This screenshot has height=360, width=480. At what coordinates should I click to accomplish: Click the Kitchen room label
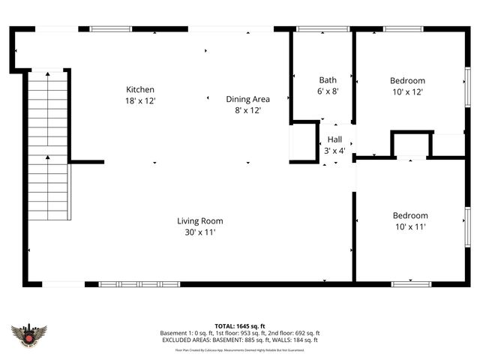pos(140,89)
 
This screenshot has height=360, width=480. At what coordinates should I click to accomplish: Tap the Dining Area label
pos(247,99)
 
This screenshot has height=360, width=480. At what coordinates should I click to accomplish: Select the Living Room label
pos(200,221)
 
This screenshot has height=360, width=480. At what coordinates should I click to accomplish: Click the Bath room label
pos(328,80)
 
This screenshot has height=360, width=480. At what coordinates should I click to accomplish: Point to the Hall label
pos(334,139)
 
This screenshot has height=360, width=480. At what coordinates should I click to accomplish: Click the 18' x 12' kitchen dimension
pos(140,100)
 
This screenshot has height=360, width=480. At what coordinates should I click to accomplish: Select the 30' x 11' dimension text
pos(200,232)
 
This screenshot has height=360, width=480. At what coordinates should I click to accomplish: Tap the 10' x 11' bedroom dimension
pos(410,226)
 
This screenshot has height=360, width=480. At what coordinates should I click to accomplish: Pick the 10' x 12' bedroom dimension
pos(407,91)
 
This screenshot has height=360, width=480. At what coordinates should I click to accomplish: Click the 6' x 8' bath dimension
pos(328,91)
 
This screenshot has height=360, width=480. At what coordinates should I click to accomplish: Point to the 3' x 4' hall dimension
pos(334,150)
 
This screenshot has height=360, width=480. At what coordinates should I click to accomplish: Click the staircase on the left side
pos(48,142)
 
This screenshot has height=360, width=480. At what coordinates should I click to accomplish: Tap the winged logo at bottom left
pos(29,334)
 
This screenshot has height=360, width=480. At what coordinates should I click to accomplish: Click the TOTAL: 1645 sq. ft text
pos(240,325)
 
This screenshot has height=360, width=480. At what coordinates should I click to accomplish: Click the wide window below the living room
pos(139,284)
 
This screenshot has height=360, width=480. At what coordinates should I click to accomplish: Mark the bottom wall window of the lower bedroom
pos(410,283)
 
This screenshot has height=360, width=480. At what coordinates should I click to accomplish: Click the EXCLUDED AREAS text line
pos(240,340)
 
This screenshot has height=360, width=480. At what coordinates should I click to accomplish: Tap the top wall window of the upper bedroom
pos(404,29)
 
